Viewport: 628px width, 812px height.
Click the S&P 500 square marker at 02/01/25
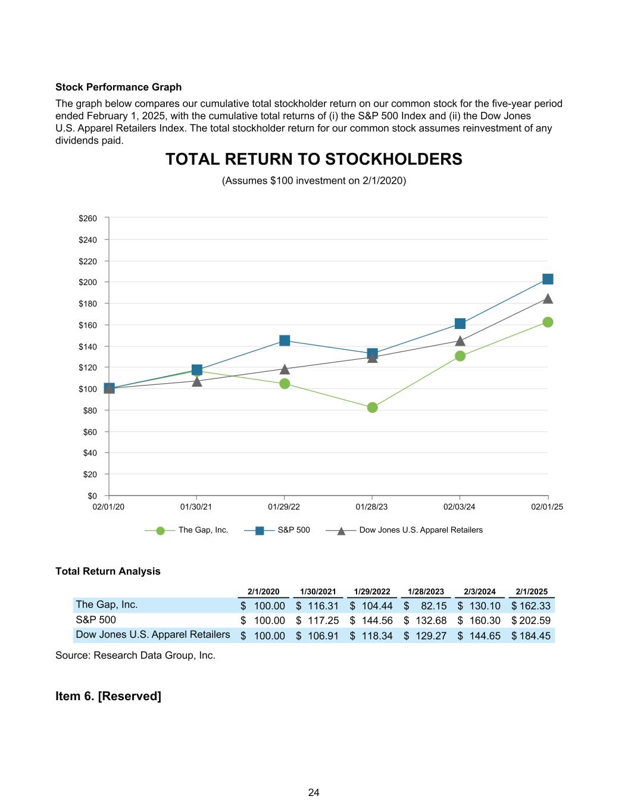point(548,279)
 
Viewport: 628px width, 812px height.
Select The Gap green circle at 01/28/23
point(373,407)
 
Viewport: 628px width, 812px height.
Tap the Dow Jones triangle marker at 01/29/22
point(285,369)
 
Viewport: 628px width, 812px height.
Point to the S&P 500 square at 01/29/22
point(285,340)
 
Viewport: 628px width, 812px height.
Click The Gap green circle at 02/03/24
point(460,356)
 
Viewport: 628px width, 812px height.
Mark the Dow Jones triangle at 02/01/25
point(548,299)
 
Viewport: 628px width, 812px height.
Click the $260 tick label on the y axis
point(88,218)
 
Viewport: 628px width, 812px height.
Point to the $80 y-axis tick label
point(89,410)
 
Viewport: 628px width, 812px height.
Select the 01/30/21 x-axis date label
point(196,507)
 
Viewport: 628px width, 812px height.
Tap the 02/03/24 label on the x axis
point(460,507)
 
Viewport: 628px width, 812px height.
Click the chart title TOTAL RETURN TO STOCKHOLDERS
point(314,159)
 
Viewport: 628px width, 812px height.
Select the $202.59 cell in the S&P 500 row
point(532,620)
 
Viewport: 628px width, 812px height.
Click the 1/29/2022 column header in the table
point(372,591)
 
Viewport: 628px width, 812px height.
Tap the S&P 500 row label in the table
point(96,620)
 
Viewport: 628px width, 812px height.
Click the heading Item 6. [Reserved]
point(108,695)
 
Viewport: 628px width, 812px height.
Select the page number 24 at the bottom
point(314,792)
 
